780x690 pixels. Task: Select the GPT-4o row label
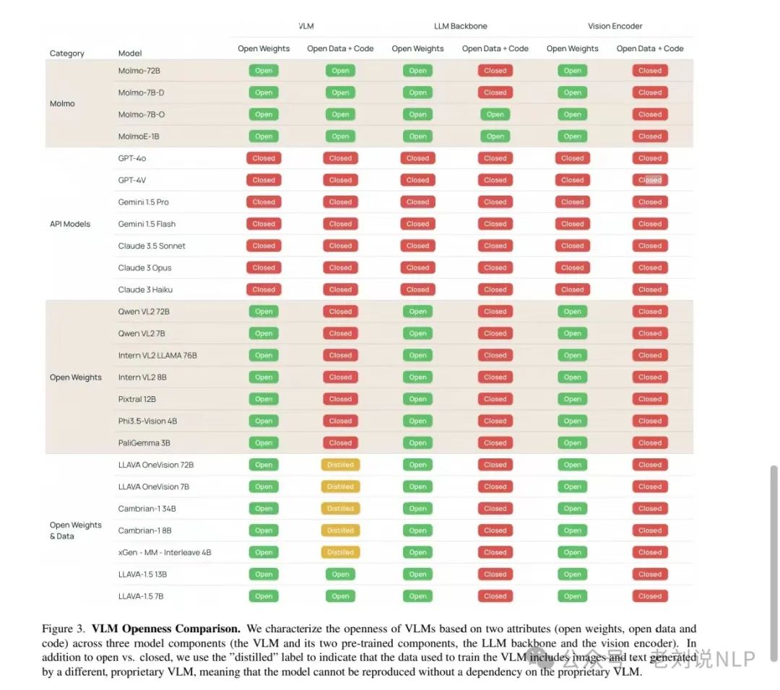132,158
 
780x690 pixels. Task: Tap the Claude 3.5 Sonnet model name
152,246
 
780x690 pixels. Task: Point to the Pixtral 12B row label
137,399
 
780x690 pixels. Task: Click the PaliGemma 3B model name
144,443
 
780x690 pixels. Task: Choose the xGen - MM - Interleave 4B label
165,553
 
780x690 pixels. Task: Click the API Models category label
70,224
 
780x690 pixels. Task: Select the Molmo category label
62,104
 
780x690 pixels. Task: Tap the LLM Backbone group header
460,26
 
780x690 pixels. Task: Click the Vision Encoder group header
615,26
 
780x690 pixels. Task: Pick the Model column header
130,53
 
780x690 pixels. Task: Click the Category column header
67,53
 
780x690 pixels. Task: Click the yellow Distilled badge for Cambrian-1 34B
340,509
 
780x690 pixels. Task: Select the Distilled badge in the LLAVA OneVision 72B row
340,465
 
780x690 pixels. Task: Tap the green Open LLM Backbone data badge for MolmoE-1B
495,136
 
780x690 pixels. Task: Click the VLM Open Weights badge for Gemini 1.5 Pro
264,202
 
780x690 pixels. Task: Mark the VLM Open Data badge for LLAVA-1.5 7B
340,596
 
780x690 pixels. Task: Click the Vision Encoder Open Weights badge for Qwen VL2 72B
572,312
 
